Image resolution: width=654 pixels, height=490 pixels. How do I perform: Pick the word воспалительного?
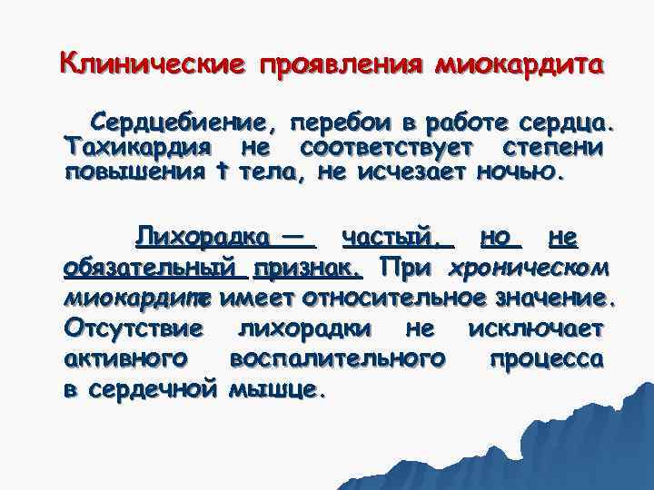click(x=339, y=358)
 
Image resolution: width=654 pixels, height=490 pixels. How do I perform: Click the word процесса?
click(x=546, y=358)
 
